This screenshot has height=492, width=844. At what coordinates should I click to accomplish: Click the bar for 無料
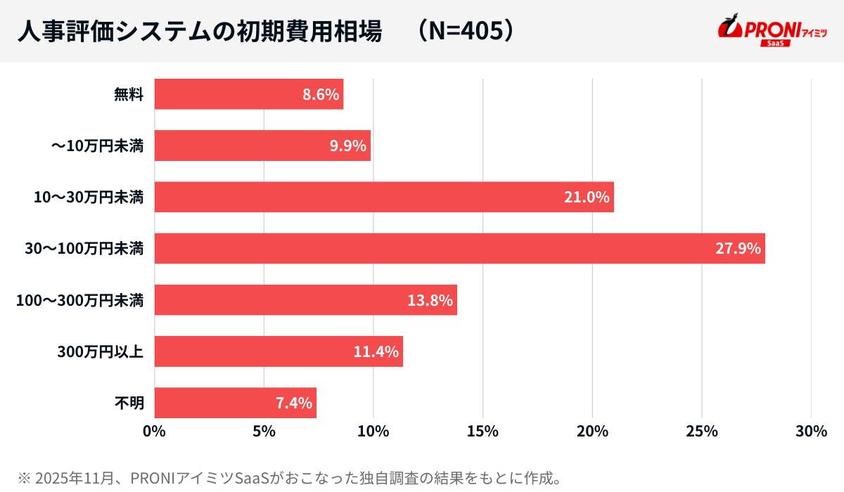coord(248,94)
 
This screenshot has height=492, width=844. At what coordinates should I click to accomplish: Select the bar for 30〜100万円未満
coord(459,248)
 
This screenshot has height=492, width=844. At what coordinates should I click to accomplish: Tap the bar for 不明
coord(235,403)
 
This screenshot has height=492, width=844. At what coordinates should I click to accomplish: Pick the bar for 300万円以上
coord(279,351)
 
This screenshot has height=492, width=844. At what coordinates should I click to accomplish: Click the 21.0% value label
coord(586,197)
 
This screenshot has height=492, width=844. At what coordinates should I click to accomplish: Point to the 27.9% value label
coord(738,248)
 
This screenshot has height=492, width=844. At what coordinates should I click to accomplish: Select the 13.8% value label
coord(430,300)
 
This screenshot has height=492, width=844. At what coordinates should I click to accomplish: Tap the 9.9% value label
coord(347,145)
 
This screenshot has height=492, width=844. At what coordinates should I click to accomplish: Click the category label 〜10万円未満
coord(97,146)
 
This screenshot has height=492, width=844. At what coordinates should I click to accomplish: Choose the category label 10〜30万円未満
coord(89,198)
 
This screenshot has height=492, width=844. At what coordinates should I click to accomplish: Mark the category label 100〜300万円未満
coord(80,301)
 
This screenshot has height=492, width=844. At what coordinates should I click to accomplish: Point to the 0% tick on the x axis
coord(154,432)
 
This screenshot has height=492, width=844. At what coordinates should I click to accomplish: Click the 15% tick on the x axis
coord(482,432)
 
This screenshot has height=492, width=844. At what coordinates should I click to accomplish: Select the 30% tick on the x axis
coord(811,432)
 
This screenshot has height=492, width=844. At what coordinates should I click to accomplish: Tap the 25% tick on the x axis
coord(702,432)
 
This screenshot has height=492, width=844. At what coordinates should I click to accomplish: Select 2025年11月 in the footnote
coord(64,478)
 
